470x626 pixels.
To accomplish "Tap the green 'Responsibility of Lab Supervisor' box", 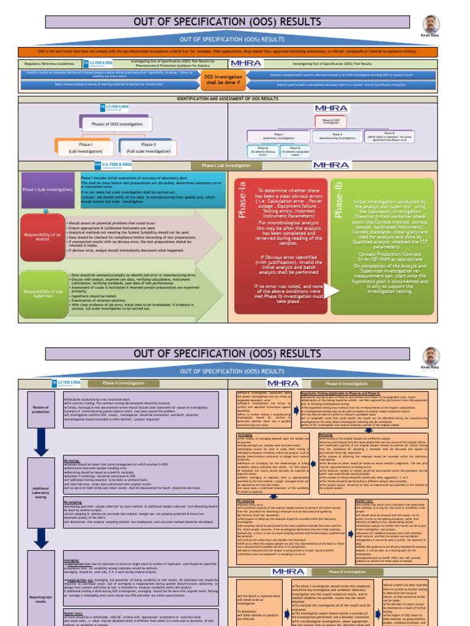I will [42, 294].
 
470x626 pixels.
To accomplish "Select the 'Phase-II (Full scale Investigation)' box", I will [149, 147].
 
